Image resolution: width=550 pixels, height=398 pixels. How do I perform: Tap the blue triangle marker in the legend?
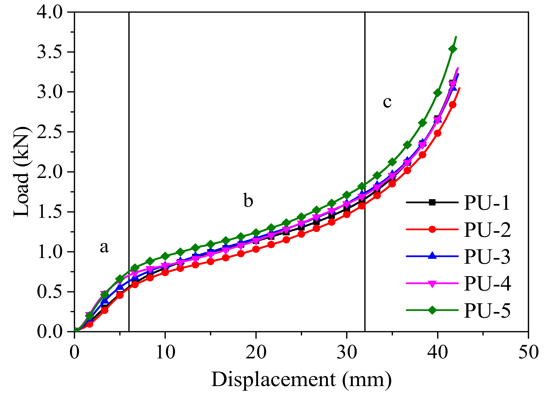pos(432,256)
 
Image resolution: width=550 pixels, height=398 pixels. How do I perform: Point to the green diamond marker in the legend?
pos(432,310)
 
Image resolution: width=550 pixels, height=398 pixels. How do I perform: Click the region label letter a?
pos(104,247)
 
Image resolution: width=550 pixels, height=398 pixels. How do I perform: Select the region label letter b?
pos(248,201)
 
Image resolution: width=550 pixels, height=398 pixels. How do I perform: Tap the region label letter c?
pos(387,102)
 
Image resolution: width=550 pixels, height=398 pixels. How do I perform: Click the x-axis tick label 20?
pos(255,353)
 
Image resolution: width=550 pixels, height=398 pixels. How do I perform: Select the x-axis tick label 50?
pos(528,353)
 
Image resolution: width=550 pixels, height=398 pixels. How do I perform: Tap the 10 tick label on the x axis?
pos(165,353)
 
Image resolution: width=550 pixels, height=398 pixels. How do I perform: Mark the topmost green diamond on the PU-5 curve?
pos(453,49)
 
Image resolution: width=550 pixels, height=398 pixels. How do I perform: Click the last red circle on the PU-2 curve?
pos(452,105)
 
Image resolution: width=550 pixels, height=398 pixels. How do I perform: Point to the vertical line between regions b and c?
pos(365,136)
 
